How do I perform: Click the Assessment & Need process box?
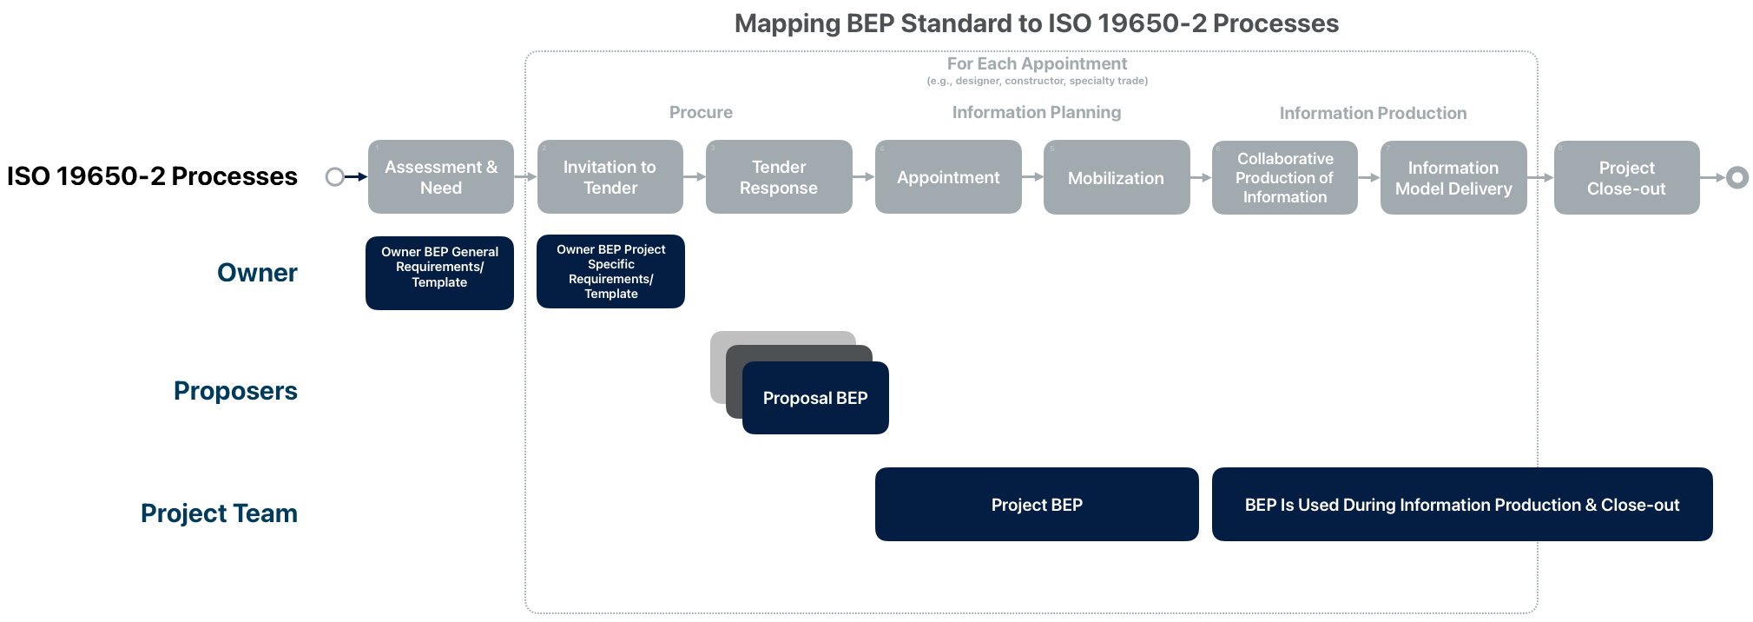click(x=440, y=176)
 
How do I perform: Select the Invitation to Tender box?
click(x=610, y=176)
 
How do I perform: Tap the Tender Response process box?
click(x=778, y=176)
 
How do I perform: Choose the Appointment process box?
click(x=947, y=176)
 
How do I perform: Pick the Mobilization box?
click(x=1116, y=177)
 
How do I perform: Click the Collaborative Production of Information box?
click(x=1284, y=177)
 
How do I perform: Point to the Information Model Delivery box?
click(x=1453, y=177)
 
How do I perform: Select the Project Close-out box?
click(x=1626, y=177)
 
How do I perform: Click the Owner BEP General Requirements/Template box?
click(x=439, y=272)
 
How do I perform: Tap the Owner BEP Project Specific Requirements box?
click(x=610, y=271)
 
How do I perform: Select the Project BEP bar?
click(x=1036, y=504)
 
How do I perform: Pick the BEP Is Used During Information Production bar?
click(x=1461, y=504)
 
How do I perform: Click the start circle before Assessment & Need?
click(x=334, y=177)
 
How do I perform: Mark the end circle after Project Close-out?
click(x=1737, y=177)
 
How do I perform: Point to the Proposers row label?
click(x=235, y=391)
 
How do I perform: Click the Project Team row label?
click(x=219, y=513)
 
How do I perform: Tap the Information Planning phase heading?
click(x=1036, y=112)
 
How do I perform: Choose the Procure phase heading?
click(x=701, y=112)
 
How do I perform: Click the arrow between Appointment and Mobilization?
click(x=1032, y=177)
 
